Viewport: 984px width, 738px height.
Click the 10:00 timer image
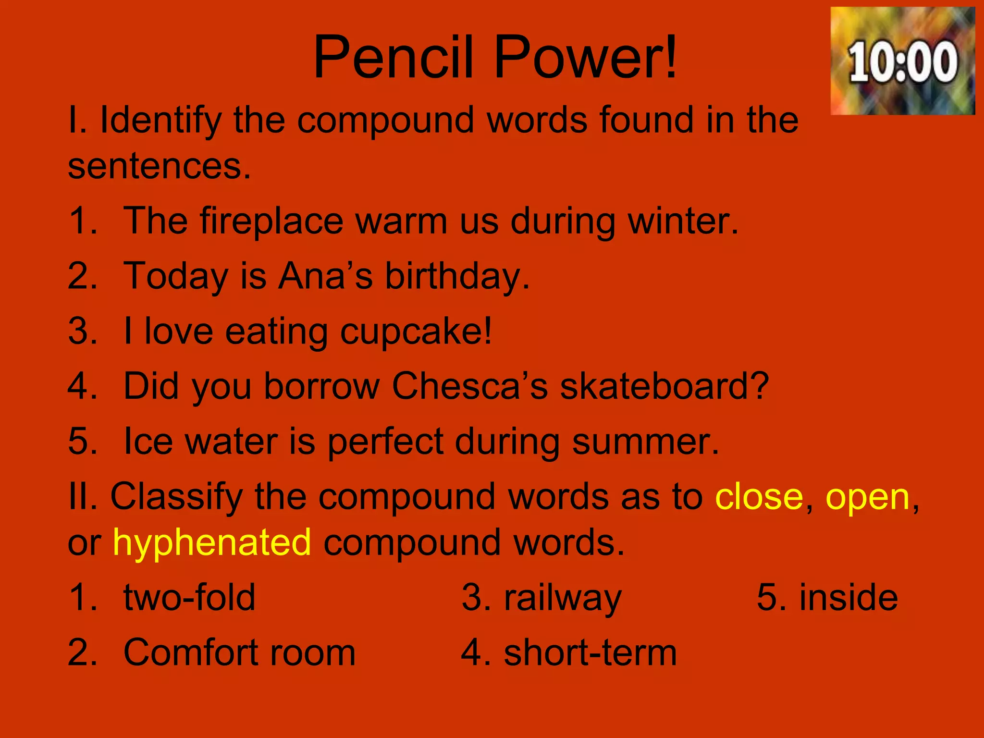point(902,61)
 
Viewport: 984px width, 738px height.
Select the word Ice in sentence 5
point(148,441)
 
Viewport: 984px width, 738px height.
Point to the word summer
point(645,441)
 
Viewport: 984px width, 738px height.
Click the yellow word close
point(759,497)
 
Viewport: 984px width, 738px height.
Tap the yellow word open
point(868,498)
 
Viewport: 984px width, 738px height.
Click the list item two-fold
point(189,598)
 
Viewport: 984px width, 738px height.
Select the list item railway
point(563,599)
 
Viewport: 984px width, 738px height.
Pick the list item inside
point(849,598)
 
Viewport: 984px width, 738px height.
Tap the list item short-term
point(590,653)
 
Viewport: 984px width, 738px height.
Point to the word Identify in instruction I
point(160,120)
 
